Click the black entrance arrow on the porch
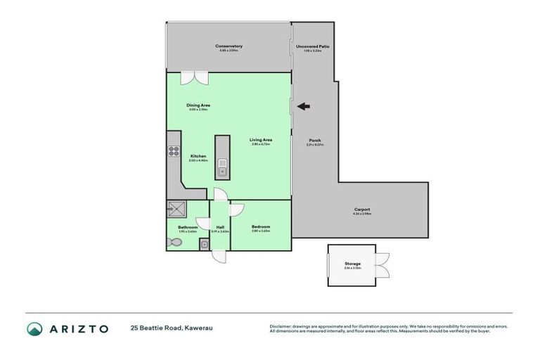click(x=303, y=107)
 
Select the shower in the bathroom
click(x=174, y=209)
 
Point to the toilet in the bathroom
click(x=175, y=242)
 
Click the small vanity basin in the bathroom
click(x=203, y=244)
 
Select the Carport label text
click(x=362, y=209)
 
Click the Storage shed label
click(x=352, y=263)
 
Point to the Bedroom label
click(x=261, y=226)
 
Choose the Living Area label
click(x=261, y=140)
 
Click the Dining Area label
click(x=198, y=105)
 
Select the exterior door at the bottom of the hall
click(x=220, y=256)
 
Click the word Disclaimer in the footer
click(x=282, y=326)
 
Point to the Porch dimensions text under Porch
click(x=314, y=145)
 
